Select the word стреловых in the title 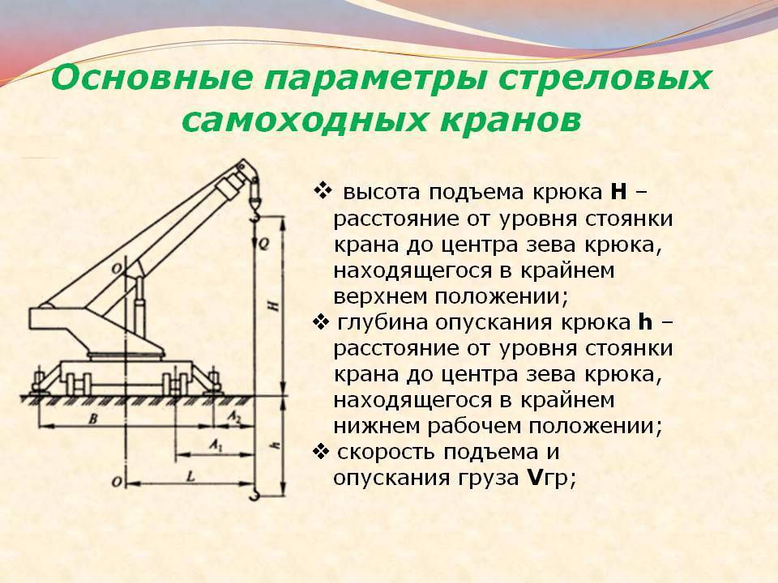[x=605, y=79]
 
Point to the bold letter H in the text [x=618, y=192]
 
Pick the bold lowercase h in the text [x=644, y=321]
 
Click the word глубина [x=383, y=323]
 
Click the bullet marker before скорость [x=322, y=451]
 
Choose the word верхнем [x=381, y=297]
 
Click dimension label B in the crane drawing [x=92, y=419]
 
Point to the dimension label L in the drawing [x=190, y=476]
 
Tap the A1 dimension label [x=216, y=445]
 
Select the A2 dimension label [x=233, y=417]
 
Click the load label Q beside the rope [x=264, y=244]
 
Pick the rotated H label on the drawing [x=272, y=305]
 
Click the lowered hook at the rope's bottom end [x=254, y=493]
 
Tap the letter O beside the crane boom [x=117, y=269]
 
